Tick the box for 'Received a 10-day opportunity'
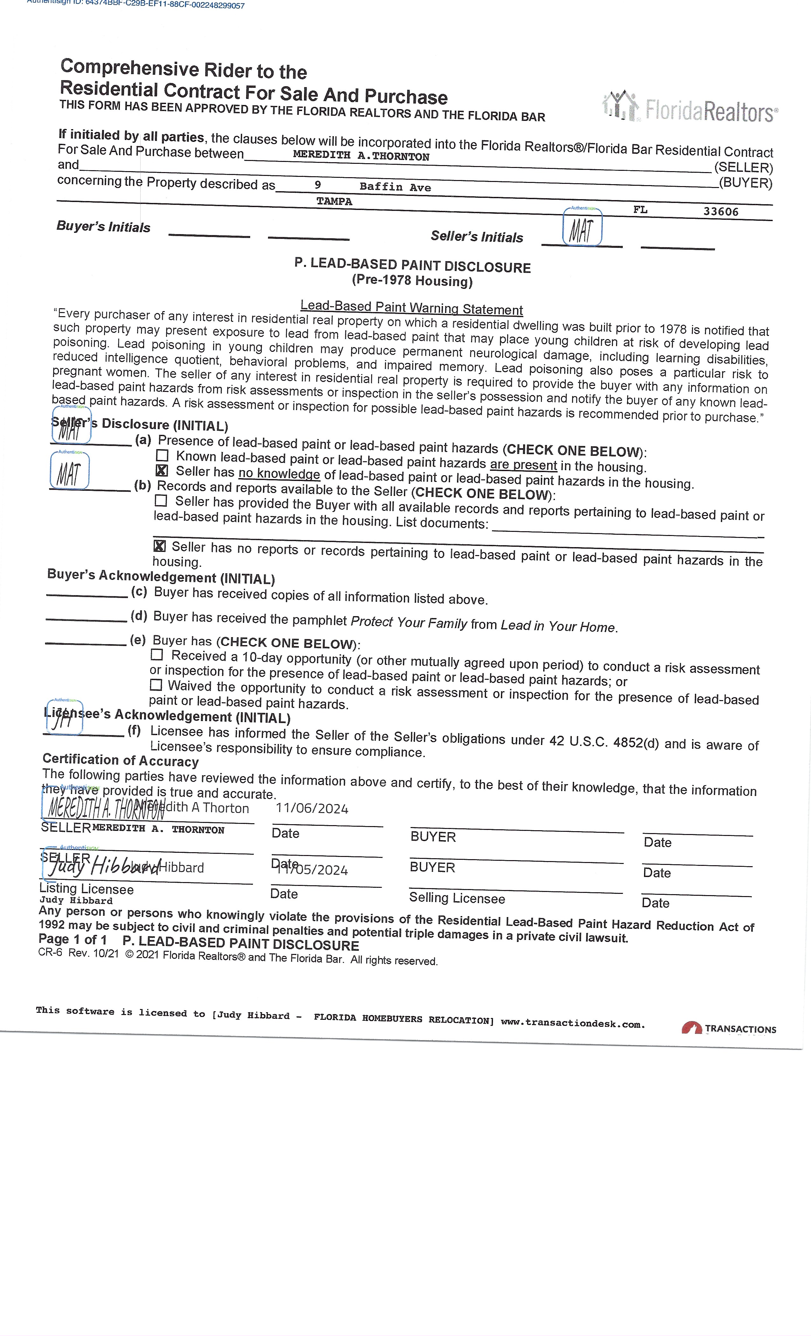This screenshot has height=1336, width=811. tap(157, 654)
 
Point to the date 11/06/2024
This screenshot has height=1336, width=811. tap(312, 809)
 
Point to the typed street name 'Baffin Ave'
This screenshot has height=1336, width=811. tap(395, 187)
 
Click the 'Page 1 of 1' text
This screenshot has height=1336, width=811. tap(73, 939)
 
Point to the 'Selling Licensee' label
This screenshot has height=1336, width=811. tap(456, 898)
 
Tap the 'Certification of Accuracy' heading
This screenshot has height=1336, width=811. tap(120, 760)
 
